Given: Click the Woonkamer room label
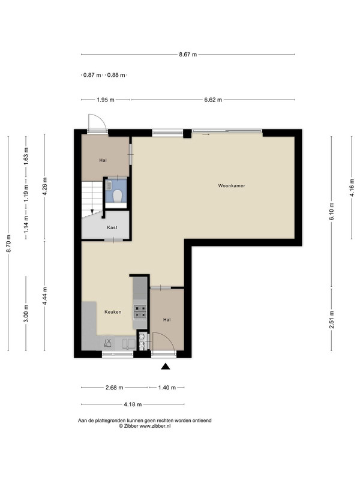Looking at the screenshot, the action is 232,185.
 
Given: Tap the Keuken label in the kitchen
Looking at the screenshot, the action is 113,312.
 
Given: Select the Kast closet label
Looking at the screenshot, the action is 112,227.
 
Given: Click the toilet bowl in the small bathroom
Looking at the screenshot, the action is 117,196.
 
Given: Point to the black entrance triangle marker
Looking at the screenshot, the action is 166,366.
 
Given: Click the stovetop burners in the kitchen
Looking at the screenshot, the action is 140,311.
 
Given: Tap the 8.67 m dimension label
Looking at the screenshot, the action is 188,55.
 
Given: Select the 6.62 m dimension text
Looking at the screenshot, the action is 213,100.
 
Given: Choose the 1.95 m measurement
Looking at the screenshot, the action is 106,100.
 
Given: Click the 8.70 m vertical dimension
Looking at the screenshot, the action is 9,244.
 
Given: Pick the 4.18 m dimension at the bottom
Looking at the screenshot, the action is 133,404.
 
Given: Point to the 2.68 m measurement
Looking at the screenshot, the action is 115,388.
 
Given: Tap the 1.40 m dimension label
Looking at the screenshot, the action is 167,388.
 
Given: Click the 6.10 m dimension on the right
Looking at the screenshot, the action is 332,211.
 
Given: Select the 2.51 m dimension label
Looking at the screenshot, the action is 332,319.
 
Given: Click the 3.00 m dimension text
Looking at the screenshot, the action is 26,313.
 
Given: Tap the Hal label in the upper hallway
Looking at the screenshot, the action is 103,160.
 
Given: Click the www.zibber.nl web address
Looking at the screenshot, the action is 155,426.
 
